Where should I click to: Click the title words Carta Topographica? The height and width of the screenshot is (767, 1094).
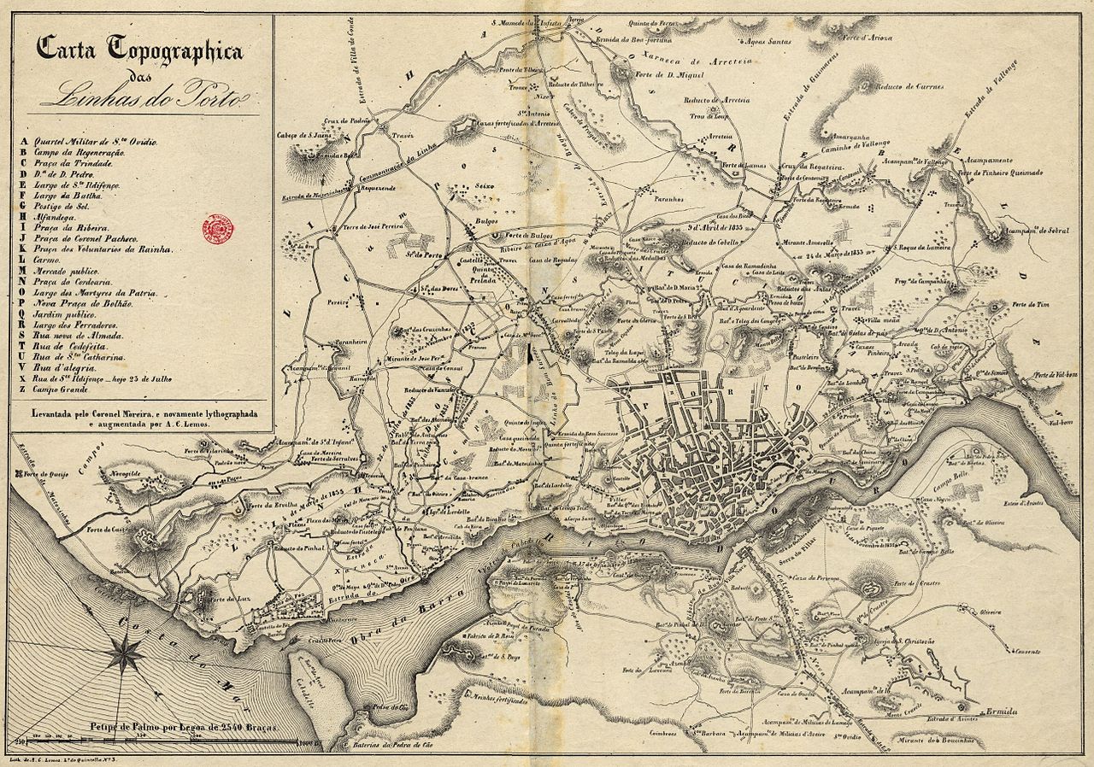(139, 50)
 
